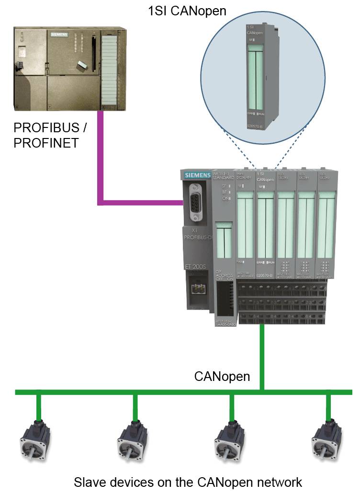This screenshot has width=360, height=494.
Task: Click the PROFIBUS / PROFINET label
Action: (52, 136)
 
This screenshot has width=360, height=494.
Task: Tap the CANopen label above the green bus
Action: (222, 376)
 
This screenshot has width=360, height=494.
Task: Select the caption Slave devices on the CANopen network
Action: (188, 482)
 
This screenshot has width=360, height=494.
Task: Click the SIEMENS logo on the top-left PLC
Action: (60, 35)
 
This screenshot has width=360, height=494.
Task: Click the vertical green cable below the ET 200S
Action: (262, 355)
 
